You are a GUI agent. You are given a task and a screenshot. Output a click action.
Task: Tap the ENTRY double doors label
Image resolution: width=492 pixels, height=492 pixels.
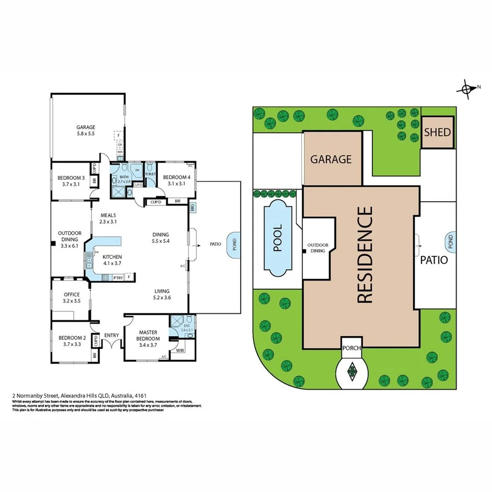(x=111, y=336)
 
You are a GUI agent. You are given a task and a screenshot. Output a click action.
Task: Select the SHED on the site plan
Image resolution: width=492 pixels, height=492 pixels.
(x=437, y=132)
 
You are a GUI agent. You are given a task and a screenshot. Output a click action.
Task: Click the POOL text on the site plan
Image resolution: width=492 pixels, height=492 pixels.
(x=278, y=238)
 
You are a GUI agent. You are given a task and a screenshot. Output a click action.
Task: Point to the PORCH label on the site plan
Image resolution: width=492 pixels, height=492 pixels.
(x=351, y=348)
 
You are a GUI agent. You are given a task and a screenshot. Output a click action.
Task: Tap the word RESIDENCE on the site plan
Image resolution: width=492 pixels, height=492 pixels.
(x=365, y=254)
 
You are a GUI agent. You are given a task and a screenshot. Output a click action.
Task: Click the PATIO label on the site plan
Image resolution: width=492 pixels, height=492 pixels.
(x=435, y=260)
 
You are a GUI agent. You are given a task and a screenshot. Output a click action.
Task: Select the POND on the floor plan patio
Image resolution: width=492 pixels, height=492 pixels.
(x=235, y=244)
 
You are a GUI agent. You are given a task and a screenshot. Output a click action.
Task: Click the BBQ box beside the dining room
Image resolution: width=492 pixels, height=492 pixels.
(x=192, y=208)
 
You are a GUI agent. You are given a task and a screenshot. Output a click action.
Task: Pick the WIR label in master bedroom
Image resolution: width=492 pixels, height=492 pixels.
(x=180, y=350)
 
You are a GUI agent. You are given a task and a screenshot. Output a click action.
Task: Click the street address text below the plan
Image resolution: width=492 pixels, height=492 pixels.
(x=79, y=395)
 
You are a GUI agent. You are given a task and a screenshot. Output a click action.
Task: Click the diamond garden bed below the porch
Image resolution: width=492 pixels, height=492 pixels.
(x=351, y=372)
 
